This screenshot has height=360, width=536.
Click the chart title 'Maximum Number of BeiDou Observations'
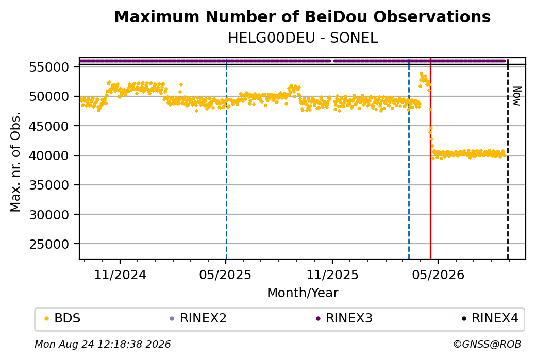[302, 16]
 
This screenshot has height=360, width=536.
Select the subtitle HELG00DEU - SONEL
[303, 38]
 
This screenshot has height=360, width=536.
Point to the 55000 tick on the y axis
[49, 67]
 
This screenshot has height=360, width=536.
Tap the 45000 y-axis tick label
[49, 126]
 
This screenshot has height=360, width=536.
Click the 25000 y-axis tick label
[49, 244]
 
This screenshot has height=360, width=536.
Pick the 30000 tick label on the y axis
[49, 215]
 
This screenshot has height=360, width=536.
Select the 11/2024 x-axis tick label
[120, 275]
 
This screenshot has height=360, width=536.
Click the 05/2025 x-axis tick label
[225, 275]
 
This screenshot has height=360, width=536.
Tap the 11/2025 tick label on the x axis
[332, 275]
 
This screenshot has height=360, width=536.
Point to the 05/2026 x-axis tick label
[438, 275]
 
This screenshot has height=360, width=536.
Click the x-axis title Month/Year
[303, 293]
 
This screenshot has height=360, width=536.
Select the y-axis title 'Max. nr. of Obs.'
[15, 162]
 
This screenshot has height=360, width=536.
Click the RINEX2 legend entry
[198, 318]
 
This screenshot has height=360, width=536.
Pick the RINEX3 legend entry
[344, 318]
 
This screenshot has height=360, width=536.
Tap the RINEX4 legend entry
[490, 318]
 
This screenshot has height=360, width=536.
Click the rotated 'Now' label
[517, 96]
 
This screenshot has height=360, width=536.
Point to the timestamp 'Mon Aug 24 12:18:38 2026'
[103, 344]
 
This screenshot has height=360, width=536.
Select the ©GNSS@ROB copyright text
[487, 344]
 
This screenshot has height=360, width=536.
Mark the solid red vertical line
[430, 158]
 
